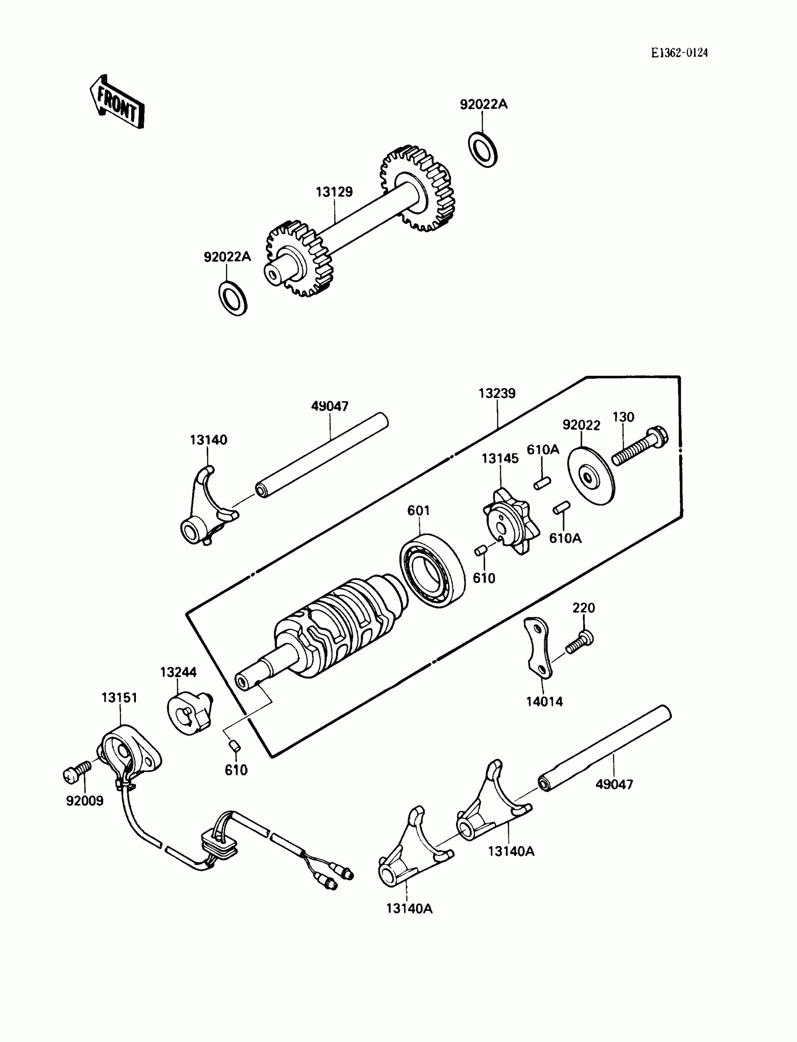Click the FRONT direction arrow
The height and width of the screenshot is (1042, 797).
[117, 102]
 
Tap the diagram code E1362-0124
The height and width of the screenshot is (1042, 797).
[679, 52]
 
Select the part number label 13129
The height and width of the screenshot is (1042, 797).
[334, 192]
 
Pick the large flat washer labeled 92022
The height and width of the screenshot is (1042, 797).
[591, 475]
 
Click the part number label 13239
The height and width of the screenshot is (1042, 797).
[496, 393]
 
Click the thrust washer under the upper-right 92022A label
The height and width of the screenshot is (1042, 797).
[482, 150]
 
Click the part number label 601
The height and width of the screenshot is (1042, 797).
[418, 510]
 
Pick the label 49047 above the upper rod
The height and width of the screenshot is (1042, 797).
[330, 406]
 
